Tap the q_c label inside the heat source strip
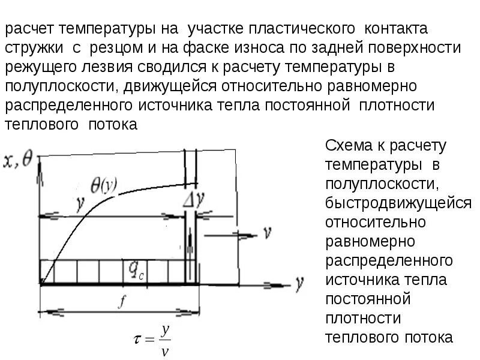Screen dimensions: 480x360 135,271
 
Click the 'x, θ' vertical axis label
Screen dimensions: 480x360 18,159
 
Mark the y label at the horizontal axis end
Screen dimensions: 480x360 298,283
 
